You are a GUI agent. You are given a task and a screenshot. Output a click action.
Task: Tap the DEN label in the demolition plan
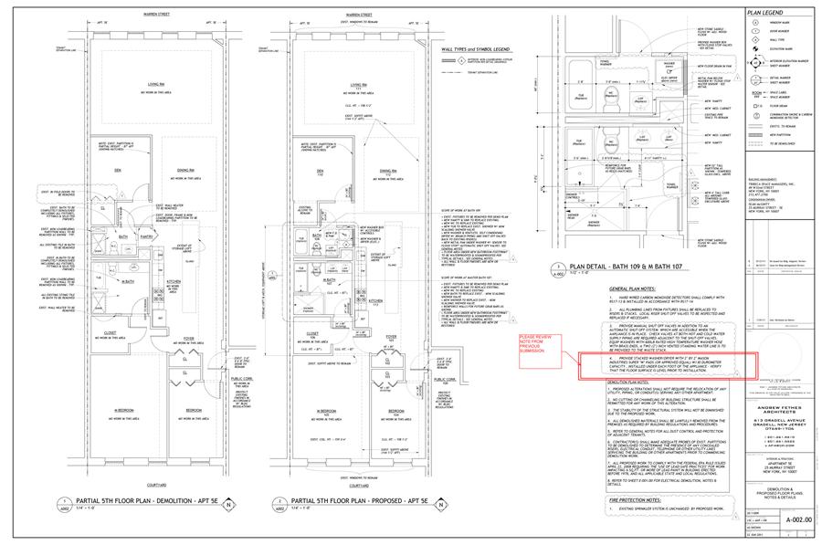(x=117, y=170)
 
